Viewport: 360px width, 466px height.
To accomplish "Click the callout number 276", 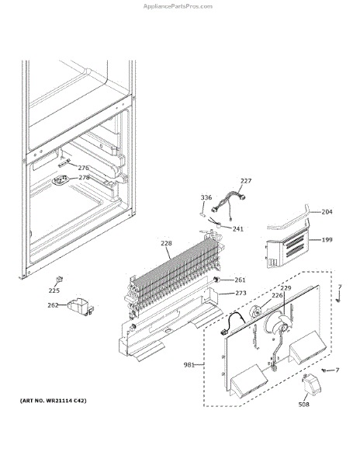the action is [83, 168].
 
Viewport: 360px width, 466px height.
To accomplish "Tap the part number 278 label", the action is [84, 177].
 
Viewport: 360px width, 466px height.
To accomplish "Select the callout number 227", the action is [246, 181].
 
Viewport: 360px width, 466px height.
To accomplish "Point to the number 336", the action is [206, 197].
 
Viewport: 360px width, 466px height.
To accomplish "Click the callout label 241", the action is [238, 229].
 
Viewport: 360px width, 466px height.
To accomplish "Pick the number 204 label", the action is [327, 212].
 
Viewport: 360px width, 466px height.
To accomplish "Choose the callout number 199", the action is [327, 239].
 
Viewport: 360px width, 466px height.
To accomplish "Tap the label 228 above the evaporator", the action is [166, 243].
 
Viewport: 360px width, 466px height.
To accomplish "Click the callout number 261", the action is [240, 280].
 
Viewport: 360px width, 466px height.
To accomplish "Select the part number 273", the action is [241, 293].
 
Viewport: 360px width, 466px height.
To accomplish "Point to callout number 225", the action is [54, 290].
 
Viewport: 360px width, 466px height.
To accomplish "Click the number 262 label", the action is [53, 305].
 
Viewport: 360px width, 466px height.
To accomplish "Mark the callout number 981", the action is [189, 365].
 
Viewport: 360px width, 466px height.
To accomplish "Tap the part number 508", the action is [303, 404].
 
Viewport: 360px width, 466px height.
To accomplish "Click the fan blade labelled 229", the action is [279, 323].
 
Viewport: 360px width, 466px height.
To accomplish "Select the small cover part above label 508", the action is [311, 384].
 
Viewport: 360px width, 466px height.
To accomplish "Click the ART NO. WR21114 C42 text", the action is [53, 401].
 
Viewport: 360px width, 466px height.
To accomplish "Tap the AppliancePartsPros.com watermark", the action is [178, 6].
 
